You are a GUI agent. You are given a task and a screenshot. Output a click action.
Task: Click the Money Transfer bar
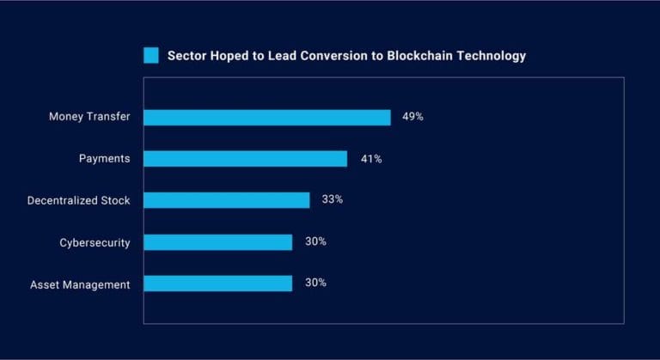pos(266,117)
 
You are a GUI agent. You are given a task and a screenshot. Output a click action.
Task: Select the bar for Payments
pos(245,158)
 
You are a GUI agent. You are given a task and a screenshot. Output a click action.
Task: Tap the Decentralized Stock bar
pos(226,199)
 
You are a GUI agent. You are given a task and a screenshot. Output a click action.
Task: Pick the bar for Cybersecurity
pos(217,241)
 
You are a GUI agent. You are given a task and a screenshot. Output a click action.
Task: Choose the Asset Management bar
pos(217,283)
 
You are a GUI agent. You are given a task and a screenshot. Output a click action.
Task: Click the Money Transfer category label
pos(89,117)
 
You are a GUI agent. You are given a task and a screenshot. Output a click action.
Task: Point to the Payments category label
pos(104,159)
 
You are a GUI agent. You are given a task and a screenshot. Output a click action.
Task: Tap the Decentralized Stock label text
pos(78,200)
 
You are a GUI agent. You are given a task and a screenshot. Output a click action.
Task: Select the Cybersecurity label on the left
pos(95,242)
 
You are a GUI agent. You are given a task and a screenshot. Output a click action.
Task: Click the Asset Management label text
pos(80,284)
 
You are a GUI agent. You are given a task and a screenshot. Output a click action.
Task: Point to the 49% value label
pos(412,116)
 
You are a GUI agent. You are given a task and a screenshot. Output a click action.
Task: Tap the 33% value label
pos(333,199)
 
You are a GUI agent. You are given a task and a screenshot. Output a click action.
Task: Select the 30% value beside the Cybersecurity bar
pos(315,241)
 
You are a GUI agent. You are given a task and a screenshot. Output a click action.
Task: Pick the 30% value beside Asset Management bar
pos(315,283)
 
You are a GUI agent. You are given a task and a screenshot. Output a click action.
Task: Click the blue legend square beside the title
pos(151,56)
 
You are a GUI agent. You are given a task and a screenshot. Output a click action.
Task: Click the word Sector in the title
pos(186,56)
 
